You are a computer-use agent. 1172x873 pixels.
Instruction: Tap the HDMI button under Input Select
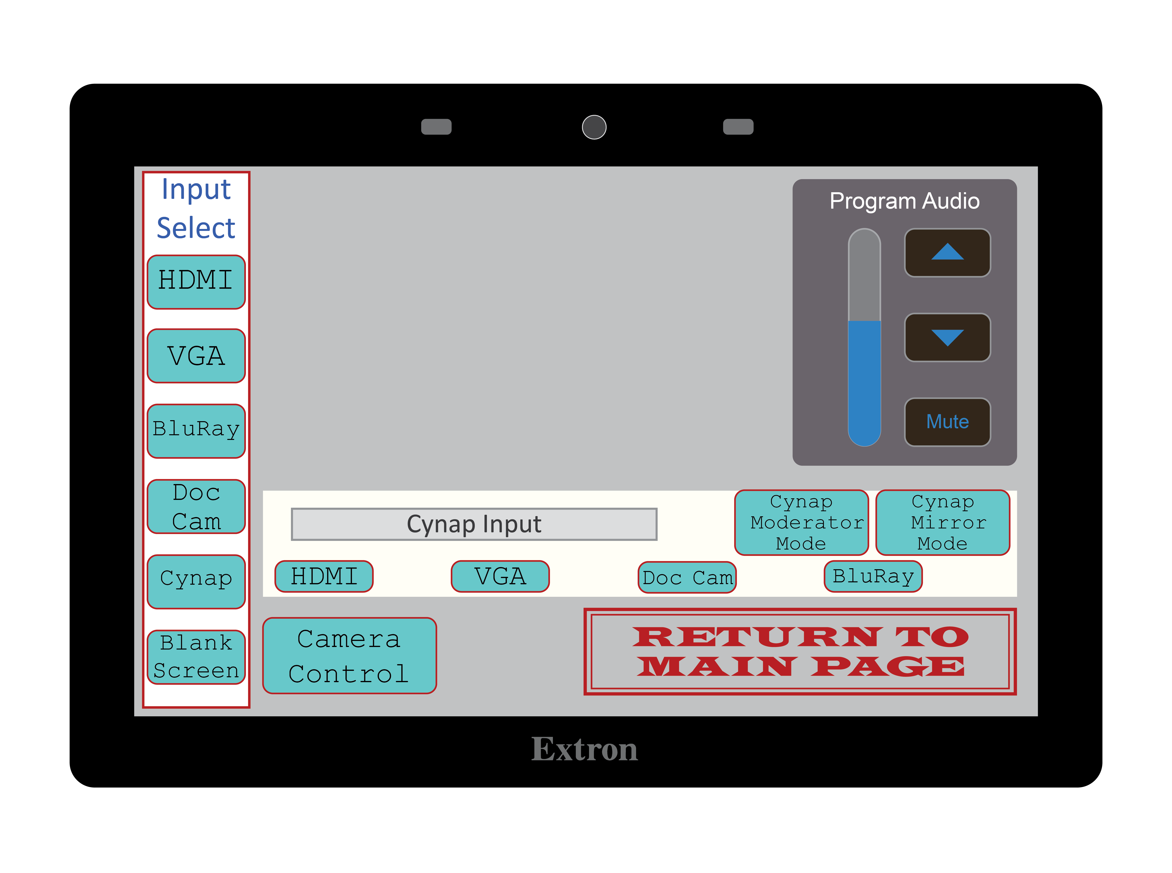pos(196,282)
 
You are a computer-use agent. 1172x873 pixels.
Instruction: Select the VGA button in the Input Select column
pos(196,356)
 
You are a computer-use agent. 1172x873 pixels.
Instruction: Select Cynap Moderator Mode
pos(801,522)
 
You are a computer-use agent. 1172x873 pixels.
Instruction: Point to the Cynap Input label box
pos(474,524)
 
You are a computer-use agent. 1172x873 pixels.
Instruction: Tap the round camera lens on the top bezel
pos(594,127)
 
